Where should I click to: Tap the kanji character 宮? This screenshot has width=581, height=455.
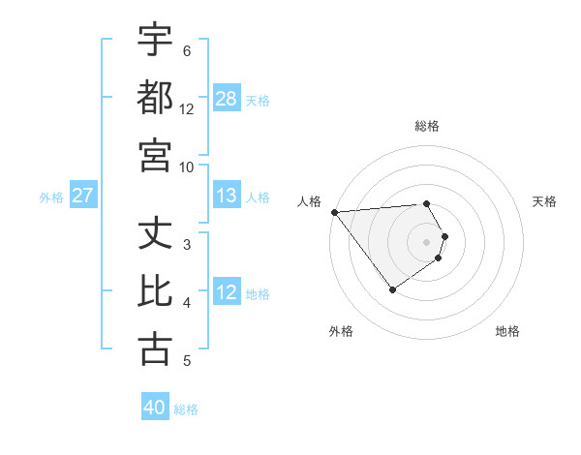tap(156, 154)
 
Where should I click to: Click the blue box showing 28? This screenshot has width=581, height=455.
tap(227, 98)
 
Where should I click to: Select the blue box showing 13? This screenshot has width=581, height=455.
tap(227, 197)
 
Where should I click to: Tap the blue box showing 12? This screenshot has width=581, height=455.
tap(227, 292)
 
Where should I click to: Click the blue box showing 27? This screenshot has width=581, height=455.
tap(82, 197)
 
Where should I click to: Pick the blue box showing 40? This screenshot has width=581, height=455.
tap(155, 409)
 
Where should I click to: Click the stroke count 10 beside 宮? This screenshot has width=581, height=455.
tap(187, 167)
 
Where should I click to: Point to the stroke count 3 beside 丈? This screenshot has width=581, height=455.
tap(187, 244)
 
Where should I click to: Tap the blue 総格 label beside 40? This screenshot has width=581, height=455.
tap(186, 409)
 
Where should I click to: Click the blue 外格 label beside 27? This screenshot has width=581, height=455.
tap(51, 197)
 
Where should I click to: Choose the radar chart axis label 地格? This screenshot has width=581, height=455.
tap(507, 331)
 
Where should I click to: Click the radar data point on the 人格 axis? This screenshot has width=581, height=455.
tap(334, 212)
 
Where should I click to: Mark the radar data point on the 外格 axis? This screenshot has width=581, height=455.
tap(392, 289)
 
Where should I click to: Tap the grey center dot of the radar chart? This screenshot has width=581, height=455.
tap(426, 241)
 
